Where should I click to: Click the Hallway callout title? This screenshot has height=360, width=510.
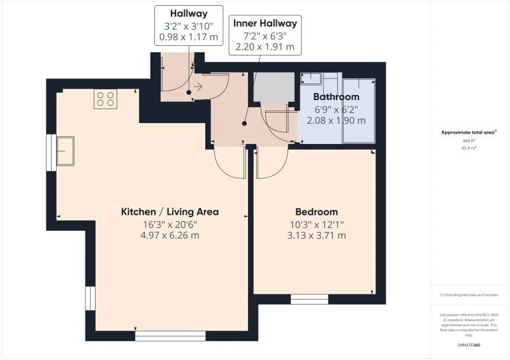(189, 13)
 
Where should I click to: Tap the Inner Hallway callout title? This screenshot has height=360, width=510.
(265, 24)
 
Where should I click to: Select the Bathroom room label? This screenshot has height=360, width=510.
(336, 97)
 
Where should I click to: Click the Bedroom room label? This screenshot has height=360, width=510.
(316, 212)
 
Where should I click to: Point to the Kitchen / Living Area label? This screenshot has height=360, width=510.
(170, 212)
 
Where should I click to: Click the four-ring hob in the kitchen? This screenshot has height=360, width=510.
(105, 99)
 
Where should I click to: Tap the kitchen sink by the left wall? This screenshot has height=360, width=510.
(64, 150)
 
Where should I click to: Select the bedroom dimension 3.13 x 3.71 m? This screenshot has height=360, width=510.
(316, 235)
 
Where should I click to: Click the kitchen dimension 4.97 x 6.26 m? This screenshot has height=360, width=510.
(170, 235)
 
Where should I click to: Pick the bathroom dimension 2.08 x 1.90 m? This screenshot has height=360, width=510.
(336, 120)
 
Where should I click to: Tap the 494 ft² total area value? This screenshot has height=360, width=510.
(469, 140)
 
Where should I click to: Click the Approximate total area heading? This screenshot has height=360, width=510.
(469, 132)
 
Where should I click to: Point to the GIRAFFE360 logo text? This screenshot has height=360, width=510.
(469, 345)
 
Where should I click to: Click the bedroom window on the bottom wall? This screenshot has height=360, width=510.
(310, 298)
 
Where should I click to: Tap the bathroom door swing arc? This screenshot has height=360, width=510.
(280, 124)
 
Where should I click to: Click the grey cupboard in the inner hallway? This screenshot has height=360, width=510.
(274, 87)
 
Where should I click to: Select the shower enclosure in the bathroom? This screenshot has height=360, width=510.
(359, 110)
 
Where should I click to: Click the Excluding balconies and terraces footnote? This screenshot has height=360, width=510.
(469, 295)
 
